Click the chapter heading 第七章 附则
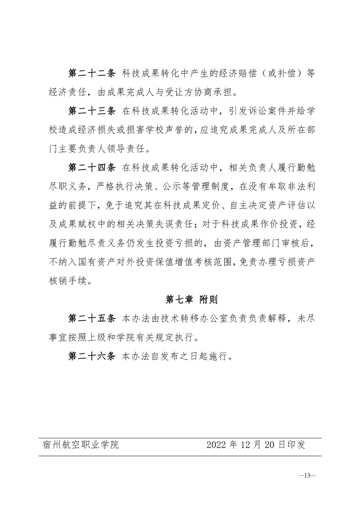pos(192,299)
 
